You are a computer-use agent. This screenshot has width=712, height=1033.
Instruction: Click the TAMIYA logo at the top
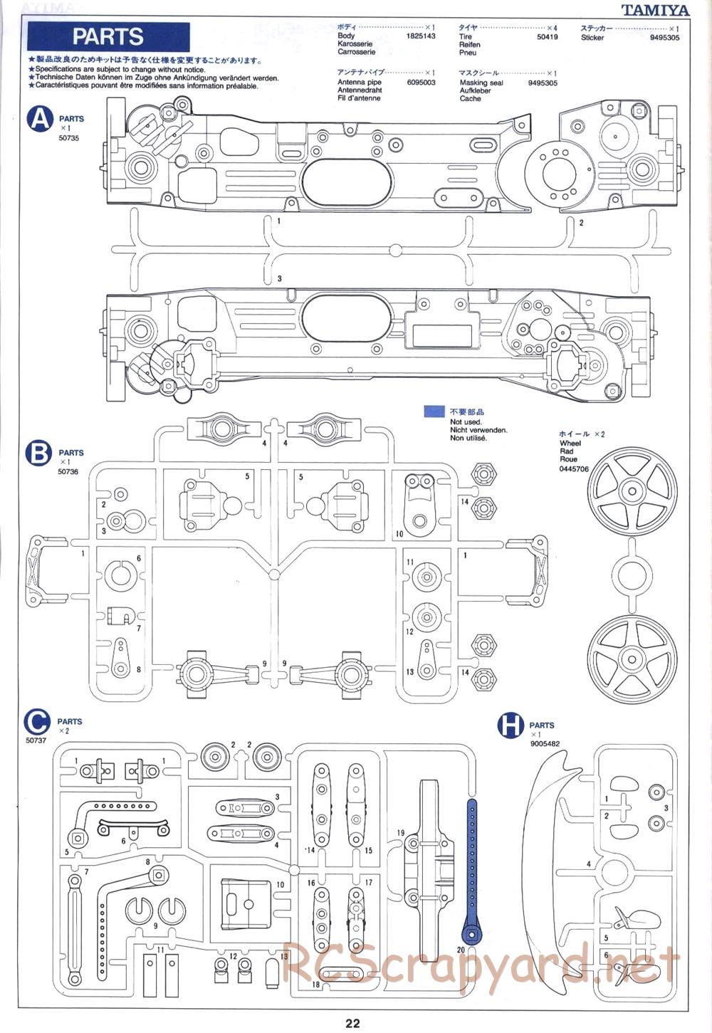[x=654, y=10]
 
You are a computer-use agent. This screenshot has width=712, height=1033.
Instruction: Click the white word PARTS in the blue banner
[x=108, y=36]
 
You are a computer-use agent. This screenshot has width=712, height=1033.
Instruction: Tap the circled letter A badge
[x=40, y=120]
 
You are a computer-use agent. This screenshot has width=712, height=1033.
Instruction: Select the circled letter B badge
[x=38, y=453]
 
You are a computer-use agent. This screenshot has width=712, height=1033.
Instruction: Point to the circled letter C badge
[x=37, y=722]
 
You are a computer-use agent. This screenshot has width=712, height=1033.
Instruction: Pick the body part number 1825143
[x=420, y=36]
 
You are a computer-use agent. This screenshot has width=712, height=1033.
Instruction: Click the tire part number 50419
[x=548, y=36]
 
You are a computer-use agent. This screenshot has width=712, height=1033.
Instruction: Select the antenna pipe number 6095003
[x=421, y=83]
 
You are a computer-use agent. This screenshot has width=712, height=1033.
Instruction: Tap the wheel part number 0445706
[x=574, y=468]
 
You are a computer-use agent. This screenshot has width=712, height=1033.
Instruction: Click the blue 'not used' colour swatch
[x=434, y=411]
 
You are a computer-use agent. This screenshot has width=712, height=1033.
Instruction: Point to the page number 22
[x=353, y=1024]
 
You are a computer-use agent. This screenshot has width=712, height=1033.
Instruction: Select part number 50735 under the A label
[x=68, y=138]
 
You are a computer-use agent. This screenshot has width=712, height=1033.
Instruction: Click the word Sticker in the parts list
[x=592, y=38]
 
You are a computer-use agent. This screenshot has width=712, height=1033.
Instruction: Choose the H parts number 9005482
[x=545, y=744]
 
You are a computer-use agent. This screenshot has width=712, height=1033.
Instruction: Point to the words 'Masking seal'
[x=481, y=83]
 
